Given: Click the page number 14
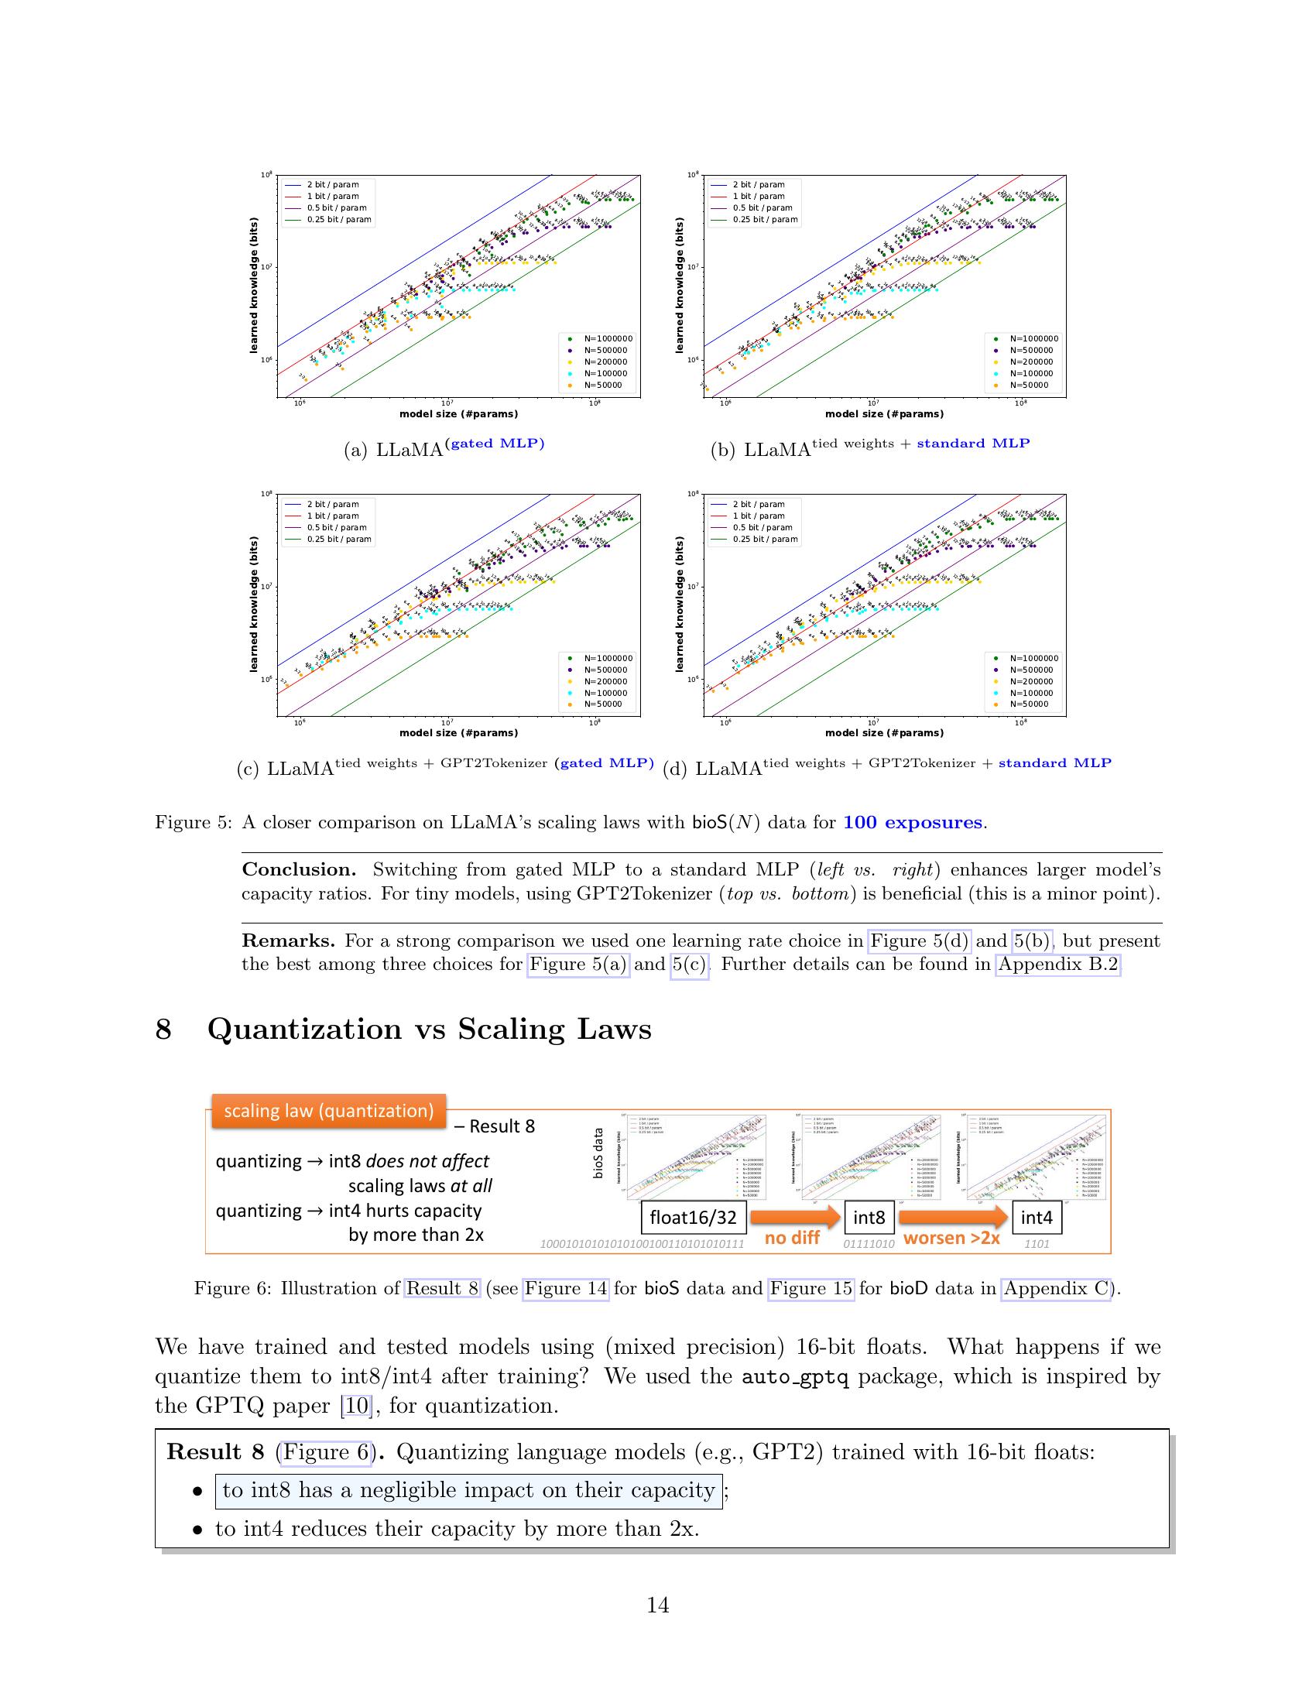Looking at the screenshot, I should tap(657, 1605).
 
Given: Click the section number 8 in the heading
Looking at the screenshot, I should tap(163, 1030).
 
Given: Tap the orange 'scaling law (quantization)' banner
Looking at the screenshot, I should tap(328, 1110).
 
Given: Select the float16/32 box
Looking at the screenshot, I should tap(693, 1217).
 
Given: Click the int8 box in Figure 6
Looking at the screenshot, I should tap(869, 1217).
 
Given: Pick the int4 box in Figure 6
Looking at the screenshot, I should tap(1036, 1217).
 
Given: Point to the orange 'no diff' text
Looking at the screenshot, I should tap(791, 1239).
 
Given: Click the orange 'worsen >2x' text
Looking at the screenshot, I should tap(951, 1239).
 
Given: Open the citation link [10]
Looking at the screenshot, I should tap(356, 1406).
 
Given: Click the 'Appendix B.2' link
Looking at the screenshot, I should tap(1058, 965).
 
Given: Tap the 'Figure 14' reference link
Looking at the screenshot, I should tap(565, 1288).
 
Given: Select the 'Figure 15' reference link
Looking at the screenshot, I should tap(811, 1288).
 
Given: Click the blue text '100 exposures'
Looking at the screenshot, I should tap(912, 823).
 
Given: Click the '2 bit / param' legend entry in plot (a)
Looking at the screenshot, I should tap(332, 186).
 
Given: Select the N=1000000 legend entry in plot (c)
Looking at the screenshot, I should tap(608, 658).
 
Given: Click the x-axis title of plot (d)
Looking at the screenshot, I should tap(884, 733).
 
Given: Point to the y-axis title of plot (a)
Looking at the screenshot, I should tap(253, 286).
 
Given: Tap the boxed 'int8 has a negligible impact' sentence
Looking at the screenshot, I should tap(468, 1490).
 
